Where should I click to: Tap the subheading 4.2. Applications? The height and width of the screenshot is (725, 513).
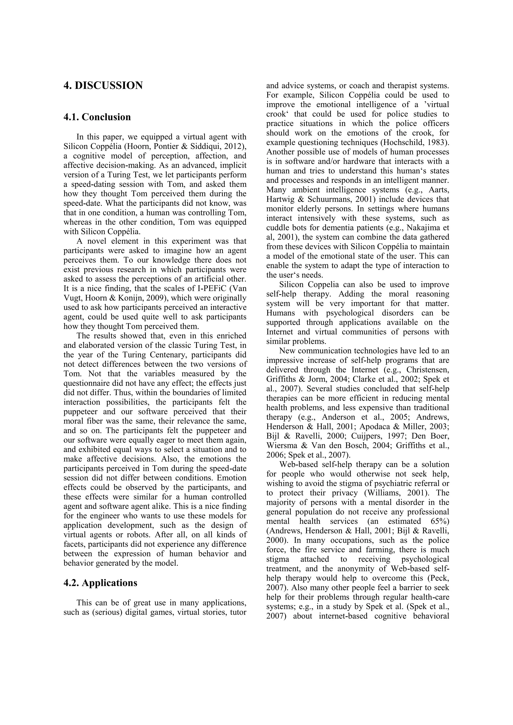100,583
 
